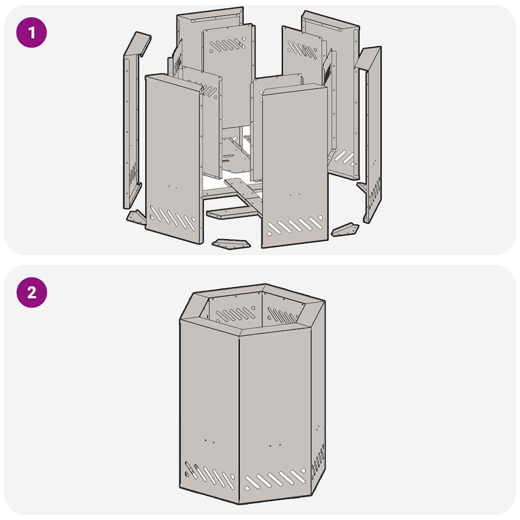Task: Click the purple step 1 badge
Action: point(31,32)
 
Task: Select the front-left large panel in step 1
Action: point(173,152)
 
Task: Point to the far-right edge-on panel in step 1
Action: point(373,132)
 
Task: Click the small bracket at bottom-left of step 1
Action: point(137,218)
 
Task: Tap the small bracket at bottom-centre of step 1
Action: point(231,244)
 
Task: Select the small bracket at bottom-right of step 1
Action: point(345,230)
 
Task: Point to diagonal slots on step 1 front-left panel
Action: point(173,218)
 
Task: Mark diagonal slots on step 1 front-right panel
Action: point(295,225)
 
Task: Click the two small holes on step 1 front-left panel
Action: point(172,187)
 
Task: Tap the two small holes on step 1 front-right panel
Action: point(295,194)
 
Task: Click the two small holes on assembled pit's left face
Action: point(209,441)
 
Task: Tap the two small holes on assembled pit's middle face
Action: point(275,445)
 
